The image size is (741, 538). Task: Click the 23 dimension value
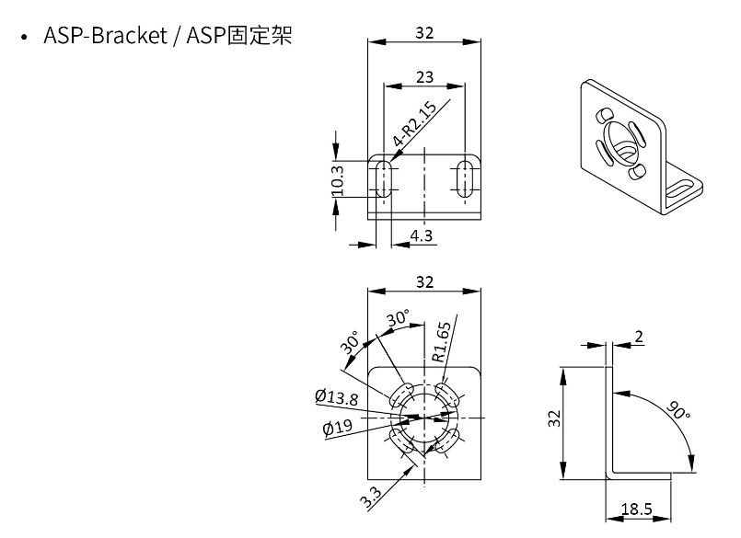point(424,78)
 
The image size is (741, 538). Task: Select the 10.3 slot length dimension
point(338,179)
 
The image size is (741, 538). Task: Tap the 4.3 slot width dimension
point(422,235)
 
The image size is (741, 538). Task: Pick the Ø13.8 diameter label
point(337,396)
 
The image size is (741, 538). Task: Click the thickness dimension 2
point(639,337)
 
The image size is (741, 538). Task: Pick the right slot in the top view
point(466,177)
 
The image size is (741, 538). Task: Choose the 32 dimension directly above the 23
point(424,33)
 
